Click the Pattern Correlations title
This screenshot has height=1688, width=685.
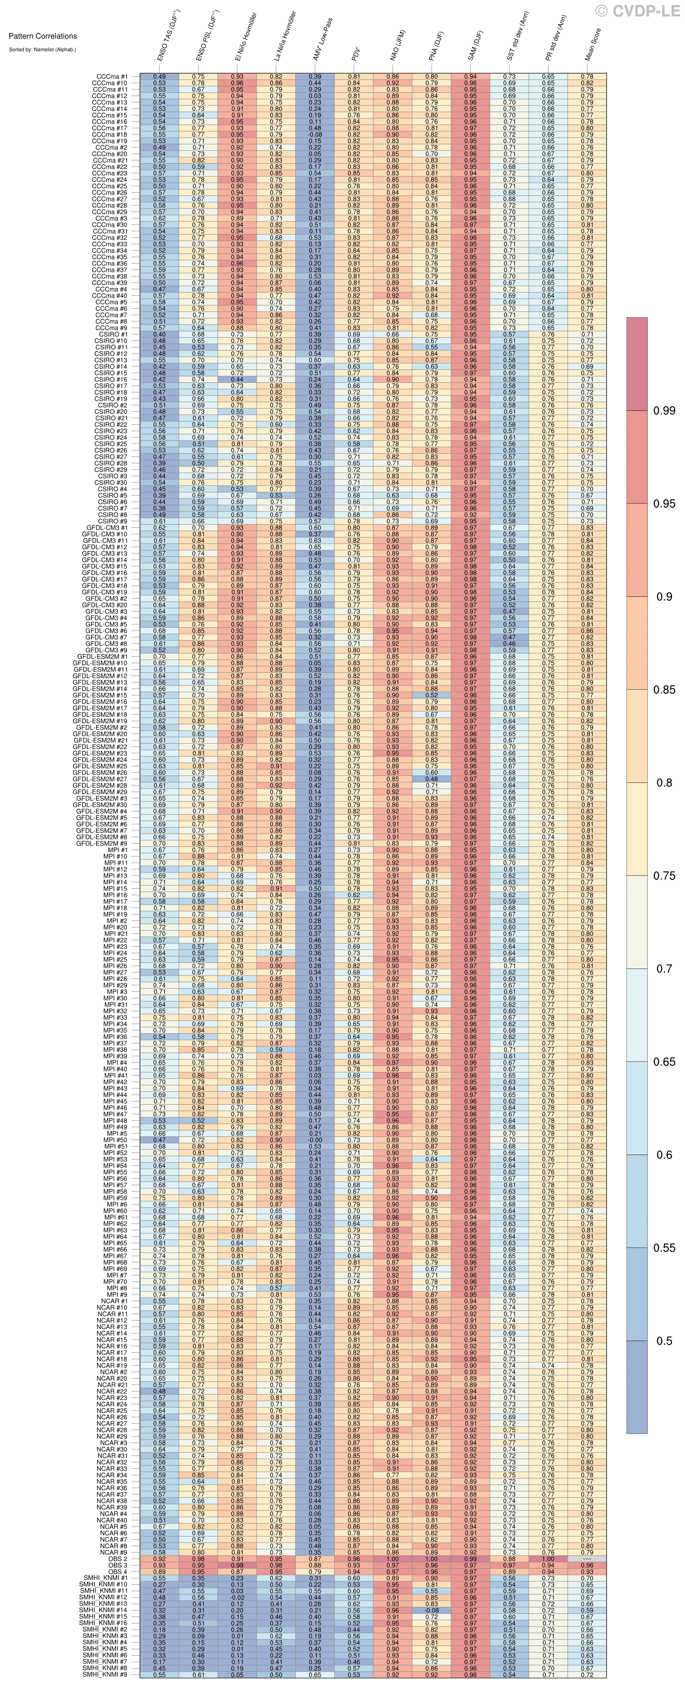[x=42, y=36]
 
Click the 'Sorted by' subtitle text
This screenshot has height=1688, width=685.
[x=42, y=49]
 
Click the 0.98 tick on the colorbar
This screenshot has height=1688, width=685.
[x=664, y=411]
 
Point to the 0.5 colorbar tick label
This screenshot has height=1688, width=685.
[x=664, y=1341]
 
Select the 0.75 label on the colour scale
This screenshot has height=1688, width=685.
[x=664, y=875]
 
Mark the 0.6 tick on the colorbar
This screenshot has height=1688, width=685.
[x=664, y=1155]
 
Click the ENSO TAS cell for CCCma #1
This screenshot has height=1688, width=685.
[x=159, y=76]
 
